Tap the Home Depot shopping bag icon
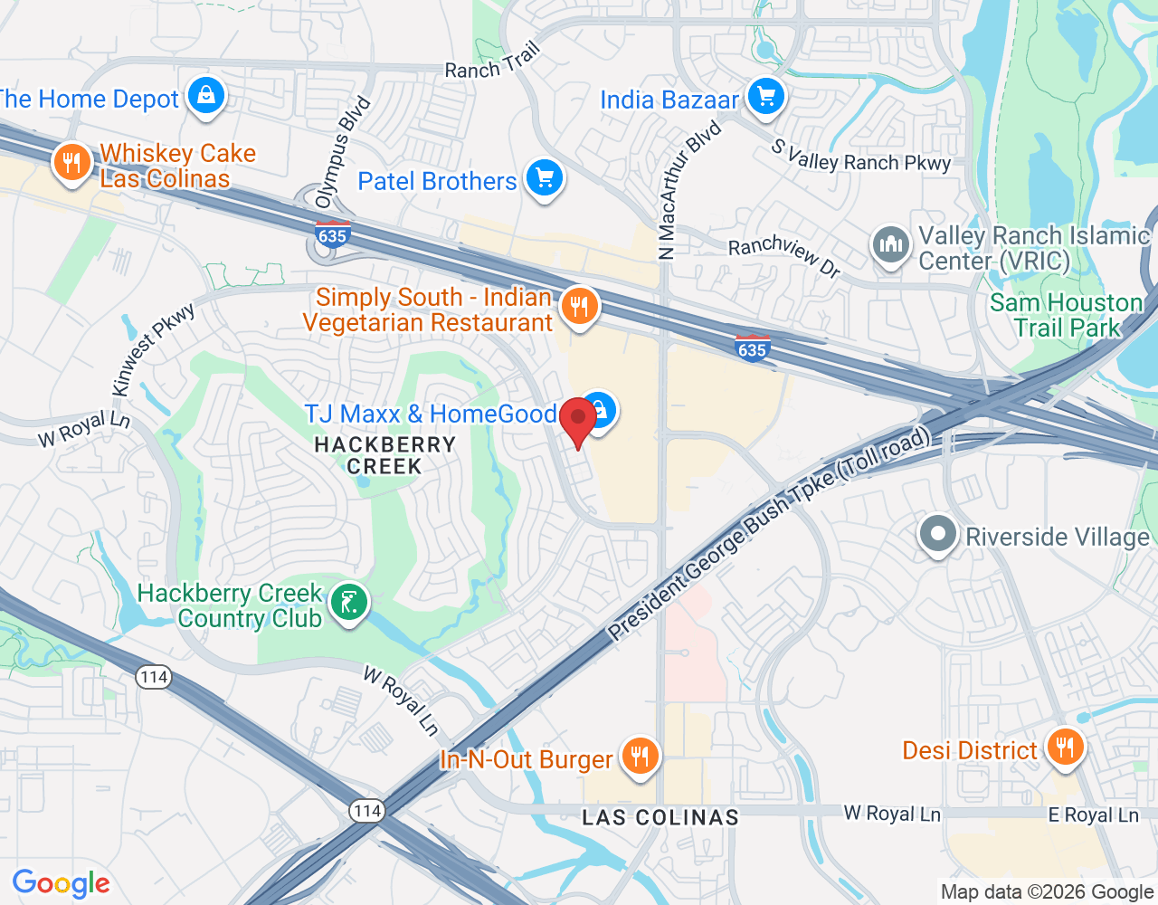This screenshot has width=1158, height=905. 206,96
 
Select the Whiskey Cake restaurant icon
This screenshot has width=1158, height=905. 71,163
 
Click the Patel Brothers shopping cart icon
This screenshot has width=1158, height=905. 544,178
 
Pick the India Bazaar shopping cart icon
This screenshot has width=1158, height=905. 766,97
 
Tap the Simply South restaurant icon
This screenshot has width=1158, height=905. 579,308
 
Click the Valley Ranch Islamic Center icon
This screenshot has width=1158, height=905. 891,245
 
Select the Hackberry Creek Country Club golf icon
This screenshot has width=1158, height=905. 348,603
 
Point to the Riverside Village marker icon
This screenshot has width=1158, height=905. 938,535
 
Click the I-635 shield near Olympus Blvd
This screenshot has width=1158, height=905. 332,233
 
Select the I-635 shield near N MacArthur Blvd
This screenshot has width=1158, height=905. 752,348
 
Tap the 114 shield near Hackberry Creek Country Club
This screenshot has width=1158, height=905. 155,676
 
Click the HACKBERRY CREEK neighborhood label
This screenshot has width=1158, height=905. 385,455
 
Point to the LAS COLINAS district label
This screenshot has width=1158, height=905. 660,817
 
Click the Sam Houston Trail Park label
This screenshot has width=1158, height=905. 1067,315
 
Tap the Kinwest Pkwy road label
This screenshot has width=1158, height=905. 154,349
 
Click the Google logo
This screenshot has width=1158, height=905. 62,883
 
